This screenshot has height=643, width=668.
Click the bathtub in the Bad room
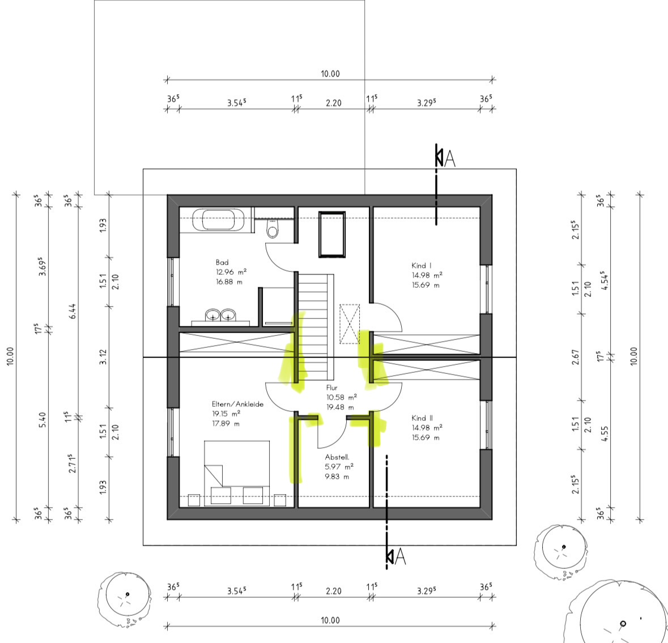click(x=219, y=220)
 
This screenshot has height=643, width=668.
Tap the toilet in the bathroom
click(x=273, y=228)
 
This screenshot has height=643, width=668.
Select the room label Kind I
click(x=422, y=266)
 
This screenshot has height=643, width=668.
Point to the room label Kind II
click(x=422, y=418)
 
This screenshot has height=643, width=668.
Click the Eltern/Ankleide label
click(x=238, y=404)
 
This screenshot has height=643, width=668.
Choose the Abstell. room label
click(x=337, y=457)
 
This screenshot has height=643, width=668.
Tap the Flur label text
click(x=332, y=387)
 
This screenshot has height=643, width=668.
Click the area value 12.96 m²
click(x=231, y=272)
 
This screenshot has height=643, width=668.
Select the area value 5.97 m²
click(x=339, y=467)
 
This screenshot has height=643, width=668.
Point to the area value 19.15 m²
click(x=226, y=414)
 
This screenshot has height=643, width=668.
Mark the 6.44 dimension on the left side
click(x=73, y=312)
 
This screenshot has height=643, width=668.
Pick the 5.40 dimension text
click(x=42, y=420)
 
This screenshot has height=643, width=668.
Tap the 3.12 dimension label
click(x=103, y=357)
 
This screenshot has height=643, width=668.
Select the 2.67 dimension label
click(x=576, y=357)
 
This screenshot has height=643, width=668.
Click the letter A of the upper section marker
click(x=449, y=159)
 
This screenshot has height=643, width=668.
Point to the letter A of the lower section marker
click(x=400, y=557)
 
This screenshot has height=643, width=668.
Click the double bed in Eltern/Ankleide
click(x=237, y=474)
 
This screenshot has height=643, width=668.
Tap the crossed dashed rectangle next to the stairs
click(x=350, y=324)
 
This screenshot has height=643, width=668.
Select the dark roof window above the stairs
click(x=332, y=235)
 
